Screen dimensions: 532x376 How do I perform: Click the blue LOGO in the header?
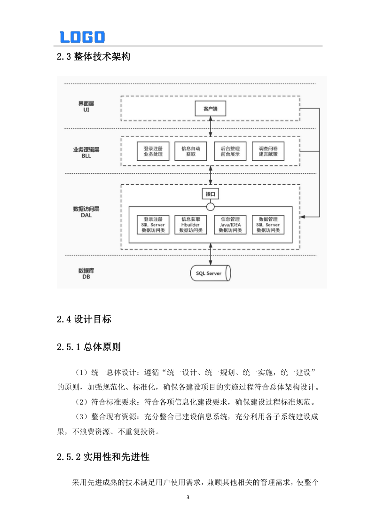point(82,37)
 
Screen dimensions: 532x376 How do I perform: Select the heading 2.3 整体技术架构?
point(93,57)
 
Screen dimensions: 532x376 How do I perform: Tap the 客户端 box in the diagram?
point(210,109)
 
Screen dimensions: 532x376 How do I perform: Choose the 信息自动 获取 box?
point(191,151)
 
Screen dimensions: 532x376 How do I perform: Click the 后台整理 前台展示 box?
point(230,151)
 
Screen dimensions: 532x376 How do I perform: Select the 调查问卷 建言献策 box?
point(268,151)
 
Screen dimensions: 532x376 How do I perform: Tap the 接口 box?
point(210,194)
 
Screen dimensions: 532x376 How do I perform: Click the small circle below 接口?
point(210,206)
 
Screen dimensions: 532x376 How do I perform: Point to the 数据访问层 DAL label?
point(86,211)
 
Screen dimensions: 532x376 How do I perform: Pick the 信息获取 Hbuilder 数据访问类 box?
point(191,225)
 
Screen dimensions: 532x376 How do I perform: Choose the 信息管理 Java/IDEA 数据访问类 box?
point(230,225)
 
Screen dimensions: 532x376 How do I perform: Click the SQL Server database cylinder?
point(210,273)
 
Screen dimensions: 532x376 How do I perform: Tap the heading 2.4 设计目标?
point(84,320)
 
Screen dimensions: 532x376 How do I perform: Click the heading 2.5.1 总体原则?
point(89,348)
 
